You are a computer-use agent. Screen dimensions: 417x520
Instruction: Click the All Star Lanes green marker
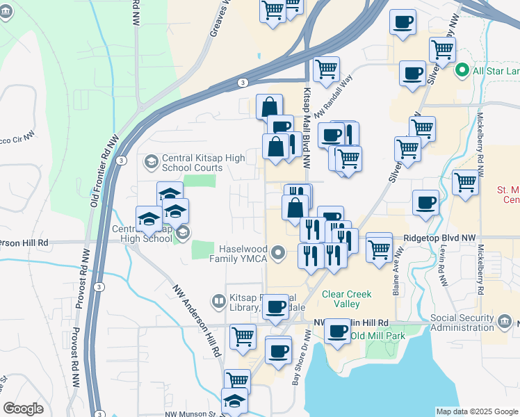(x=460, y=70)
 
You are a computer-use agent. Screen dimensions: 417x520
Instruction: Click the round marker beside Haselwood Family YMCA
(x=279, y=252)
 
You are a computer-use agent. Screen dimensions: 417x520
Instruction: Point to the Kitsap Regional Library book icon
(x=218, y=301)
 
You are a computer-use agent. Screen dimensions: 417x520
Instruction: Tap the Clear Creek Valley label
(x=341, y=299)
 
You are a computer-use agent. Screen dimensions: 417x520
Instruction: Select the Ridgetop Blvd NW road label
(x=439, y=238)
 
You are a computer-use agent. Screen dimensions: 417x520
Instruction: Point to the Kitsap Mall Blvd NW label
(x=307, y=125)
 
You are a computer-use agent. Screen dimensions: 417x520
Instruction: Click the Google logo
(x=23, y=409)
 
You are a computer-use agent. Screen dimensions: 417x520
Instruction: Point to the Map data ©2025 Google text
(x=477, y=411)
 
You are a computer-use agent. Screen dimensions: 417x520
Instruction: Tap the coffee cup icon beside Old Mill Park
(x=339, y=331)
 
